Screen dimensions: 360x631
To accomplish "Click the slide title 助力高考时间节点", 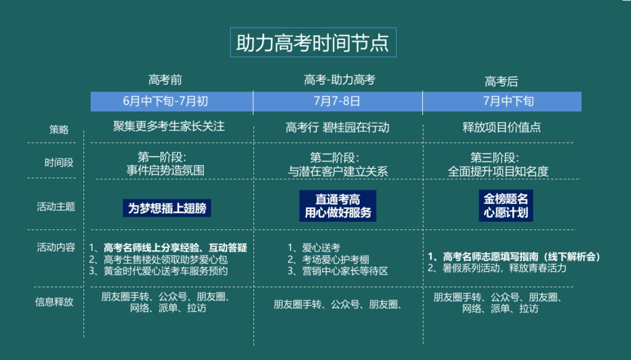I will (x=313, y=43).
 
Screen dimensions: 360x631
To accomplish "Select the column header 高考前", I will (x=165, y=80).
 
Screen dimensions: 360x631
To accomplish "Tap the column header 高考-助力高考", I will (x=339, y=80).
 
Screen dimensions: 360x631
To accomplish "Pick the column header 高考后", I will (x=501, y=81).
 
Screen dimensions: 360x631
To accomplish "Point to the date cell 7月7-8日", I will (x=337, y=101).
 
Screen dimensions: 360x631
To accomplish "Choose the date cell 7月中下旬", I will (x=501, y=101).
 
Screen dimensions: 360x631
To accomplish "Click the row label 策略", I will (x=59, y=130).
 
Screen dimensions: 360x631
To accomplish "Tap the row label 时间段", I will (x=59, y=162).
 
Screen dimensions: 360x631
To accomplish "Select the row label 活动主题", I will (x=56, y=207).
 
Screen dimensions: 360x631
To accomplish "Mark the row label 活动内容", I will (x=56, y=247).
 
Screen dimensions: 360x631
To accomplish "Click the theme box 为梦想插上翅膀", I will (x=167, y=208).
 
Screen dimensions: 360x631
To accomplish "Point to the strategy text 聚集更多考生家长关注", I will (x=169, y=127).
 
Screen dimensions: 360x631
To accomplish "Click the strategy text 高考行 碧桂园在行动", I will (x=337, y=128).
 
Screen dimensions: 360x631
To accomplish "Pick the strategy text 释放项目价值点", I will (x=501, y=128).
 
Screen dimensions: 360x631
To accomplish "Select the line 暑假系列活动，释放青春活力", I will (x=503, y=268).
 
